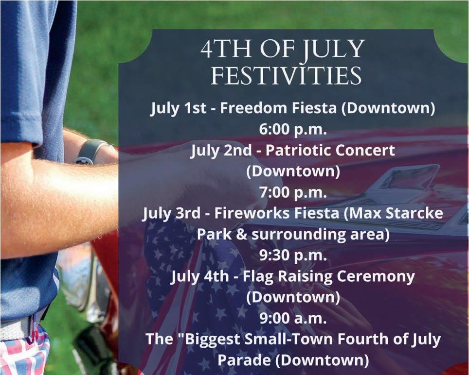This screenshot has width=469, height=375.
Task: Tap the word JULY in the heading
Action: pos(332,49)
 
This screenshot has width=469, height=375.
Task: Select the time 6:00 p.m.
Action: pos(293,129)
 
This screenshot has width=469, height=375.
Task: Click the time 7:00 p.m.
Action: pos(293,192)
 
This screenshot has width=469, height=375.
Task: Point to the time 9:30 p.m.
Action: pos(293,256)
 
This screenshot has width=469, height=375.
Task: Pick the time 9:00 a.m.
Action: pos(293,319)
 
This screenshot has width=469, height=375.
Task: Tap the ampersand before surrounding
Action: pos(242,234)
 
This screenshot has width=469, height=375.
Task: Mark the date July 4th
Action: pos(200,277)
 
